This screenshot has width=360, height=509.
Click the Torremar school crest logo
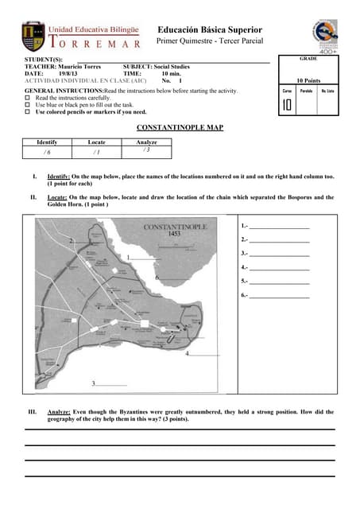point(34,35)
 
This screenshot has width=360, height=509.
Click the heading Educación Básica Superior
point(209,29)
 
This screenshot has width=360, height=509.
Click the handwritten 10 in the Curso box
point(287,105)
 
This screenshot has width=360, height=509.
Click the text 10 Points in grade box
point(308,81)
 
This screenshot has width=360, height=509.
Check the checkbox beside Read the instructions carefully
point(28,98)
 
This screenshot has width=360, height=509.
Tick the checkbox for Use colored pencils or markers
point(28,112)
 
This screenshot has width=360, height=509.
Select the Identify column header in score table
point(47,142)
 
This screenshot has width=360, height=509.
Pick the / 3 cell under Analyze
point(146,150)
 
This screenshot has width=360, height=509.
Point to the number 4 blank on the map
point(202,353)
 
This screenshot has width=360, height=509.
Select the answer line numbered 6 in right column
point(278,295)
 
